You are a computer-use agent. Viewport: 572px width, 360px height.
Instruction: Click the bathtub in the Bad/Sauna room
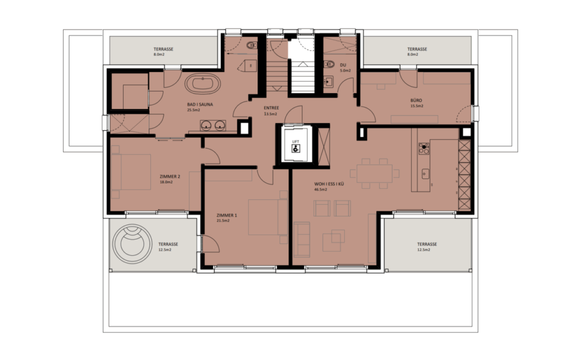[x=202, y=85]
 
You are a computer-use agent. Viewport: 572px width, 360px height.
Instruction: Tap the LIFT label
[x=296, y=142]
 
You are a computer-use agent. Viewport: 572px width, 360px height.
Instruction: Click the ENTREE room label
[x=271, y=108]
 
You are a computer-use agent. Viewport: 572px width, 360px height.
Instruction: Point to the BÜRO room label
[x=417, y=100]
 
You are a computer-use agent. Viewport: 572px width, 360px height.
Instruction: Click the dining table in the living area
[x=373, y=174]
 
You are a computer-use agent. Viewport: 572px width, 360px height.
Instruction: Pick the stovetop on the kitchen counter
[x=424, y=148]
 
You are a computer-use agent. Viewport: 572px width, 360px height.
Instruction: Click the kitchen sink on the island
[x=425, y=173]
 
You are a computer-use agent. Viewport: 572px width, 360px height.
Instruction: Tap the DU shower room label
[x=344, y=65]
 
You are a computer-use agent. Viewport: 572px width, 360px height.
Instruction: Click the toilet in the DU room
[x=328, y=63]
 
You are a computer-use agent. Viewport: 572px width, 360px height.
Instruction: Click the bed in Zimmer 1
[x=267, y=217]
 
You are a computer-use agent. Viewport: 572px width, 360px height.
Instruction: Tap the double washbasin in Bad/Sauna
[x=214, y=125]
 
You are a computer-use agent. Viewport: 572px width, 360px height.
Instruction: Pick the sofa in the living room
[x=302, y=239]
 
